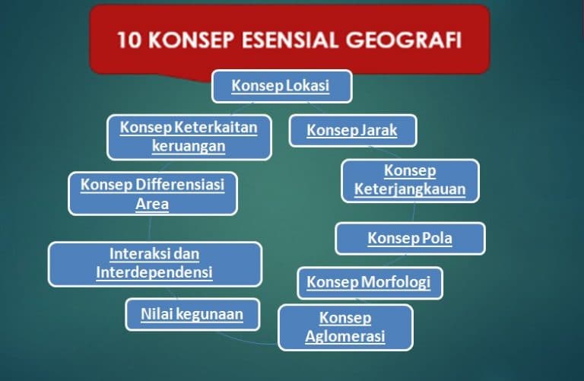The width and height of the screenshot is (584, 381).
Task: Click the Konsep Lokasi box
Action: pos(281,86)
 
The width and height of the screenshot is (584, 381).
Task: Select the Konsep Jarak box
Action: pos(353,130)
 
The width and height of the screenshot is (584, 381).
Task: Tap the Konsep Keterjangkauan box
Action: pos(410,180)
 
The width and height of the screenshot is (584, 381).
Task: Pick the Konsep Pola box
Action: pos(410,238)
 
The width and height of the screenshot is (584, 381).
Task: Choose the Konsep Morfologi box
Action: pos(369,283)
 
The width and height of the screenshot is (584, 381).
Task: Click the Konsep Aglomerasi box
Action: pos(345,327)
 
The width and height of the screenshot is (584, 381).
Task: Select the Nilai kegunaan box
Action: pos(192,313)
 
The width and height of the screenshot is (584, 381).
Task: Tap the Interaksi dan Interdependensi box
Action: pos(154,263)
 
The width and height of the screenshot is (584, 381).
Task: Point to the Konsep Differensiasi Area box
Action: pos(152,193)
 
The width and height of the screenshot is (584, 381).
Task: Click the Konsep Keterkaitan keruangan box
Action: pos(189,136)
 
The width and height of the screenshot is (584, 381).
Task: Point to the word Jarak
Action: pos(379,130)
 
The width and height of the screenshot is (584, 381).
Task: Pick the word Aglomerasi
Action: pos(345,336)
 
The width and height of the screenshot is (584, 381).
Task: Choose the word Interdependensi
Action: pos(154,272)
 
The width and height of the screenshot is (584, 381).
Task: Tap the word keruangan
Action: pos(189,146)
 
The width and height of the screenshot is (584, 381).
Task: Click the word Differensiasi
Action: pos(180,184)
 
